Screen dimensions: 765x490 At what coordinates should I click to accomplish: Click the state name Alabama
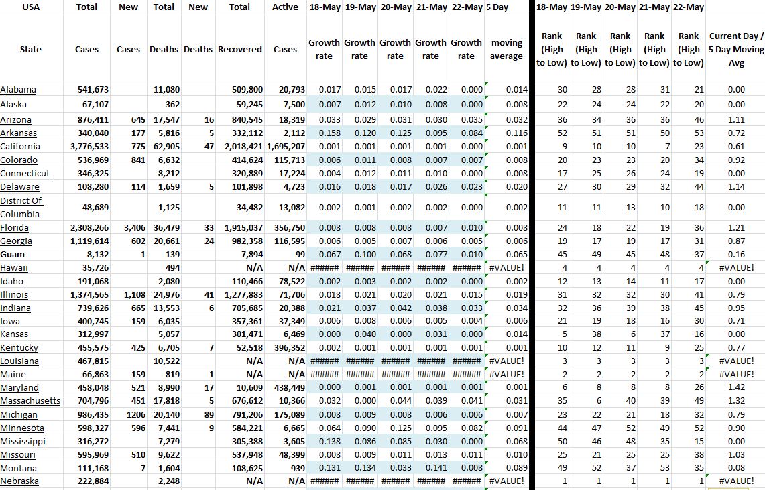point(18,90)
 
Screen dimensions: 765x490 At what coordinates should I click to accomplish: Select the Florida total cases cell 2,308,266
point(89,228)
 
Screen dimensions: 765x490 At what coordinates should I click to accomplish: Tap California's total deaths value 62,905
point(165,147)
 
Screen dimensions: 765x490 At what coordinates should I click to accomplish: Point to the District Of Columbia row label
point(21,207)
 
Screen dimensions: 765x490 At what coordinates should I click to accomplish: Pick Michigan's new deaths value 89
point(207,415)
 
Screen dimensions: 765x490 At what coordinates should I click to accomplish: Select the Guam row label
point(13,255)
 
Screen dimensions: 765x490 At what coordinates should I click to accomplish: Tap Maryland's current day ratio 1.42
point(736,388)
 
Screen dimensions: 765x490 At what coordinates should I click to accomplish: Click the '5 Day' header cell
point(496,7)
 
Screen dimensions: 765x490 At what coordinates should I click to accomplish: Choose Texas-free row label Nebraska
point(19,481)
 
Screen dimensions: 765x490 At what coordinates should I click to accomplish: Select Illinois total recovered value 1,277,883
point(241,295)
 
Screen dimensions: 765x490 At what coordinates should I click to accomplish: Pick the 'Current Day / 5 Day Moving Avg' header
point(735,49)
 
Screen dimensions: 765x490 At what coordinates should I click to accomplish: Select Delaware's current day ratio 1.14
point(736,187)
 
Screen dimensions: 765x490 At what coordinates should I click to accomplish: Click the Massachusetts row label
point(30,401)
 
